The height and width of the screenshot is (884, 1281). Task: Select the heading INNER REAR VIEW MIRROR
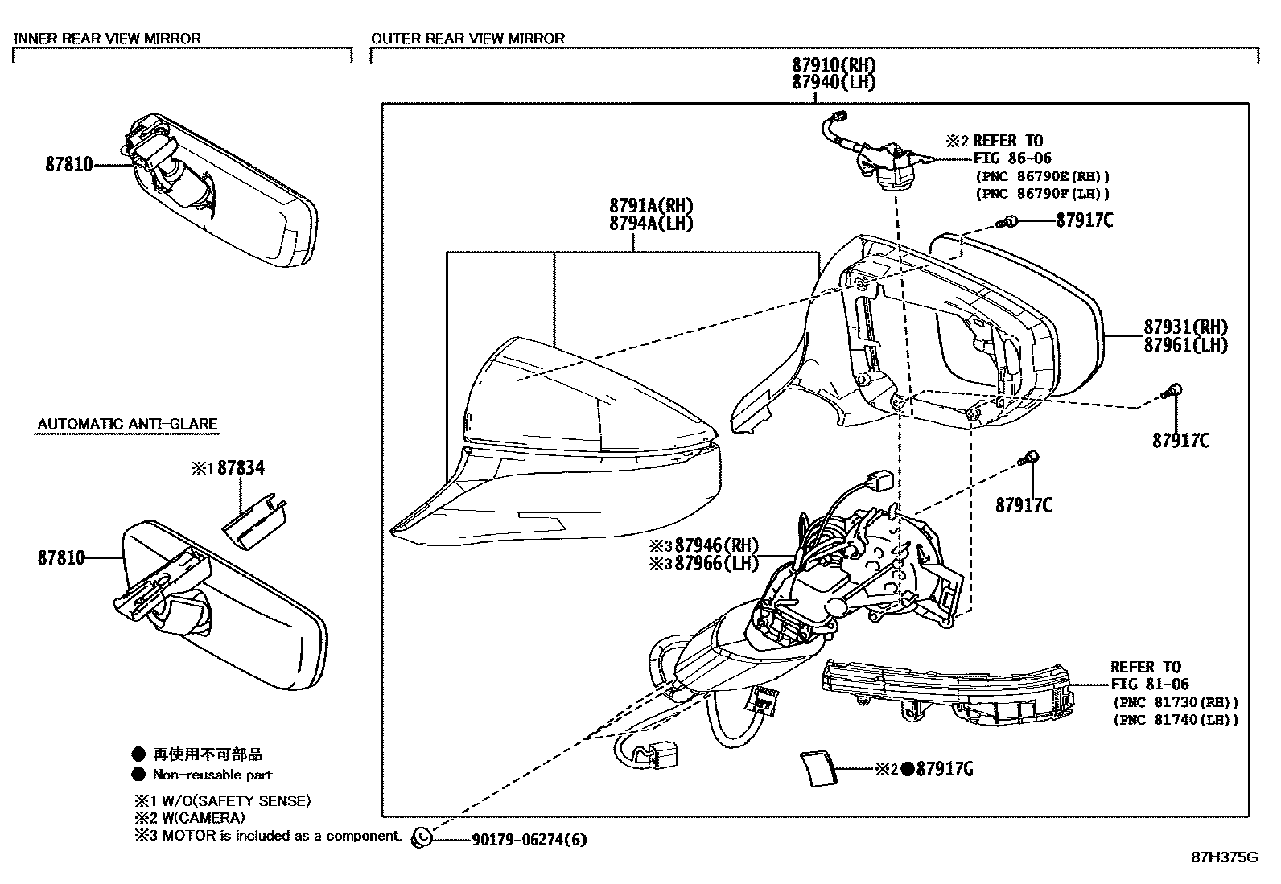tap(108, 38)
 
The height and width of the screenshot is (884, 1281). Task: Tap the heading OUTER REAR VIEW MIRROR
tap(468, 38)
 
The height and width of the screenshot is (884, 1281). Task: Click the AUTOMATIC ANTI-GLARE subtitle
tap(127, 424)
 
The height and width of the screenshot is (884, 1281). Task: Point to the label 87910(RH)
tap(833, 65)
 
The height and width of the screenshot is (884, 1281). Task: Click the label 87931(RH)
tap(1186, 327)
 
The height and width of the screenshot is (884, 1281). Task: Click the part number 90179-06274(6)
tap(528, 841)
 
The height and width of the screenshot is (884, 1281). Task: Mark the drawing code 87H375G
tap(1223, 857)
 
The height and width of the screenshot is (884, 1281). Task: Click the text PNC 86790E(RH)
tap(1043, 176)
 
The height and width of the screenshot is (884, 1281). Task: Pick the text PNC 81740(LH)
tap(1176, 720)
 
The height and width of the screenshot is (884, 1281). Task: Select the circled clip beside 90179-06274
tap(421, 838)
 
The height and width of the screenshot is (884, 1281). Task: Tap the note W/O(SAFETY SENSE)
tap(231, 801)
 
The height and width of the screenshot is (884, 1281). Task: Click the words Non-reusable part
tap(212, 775)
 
